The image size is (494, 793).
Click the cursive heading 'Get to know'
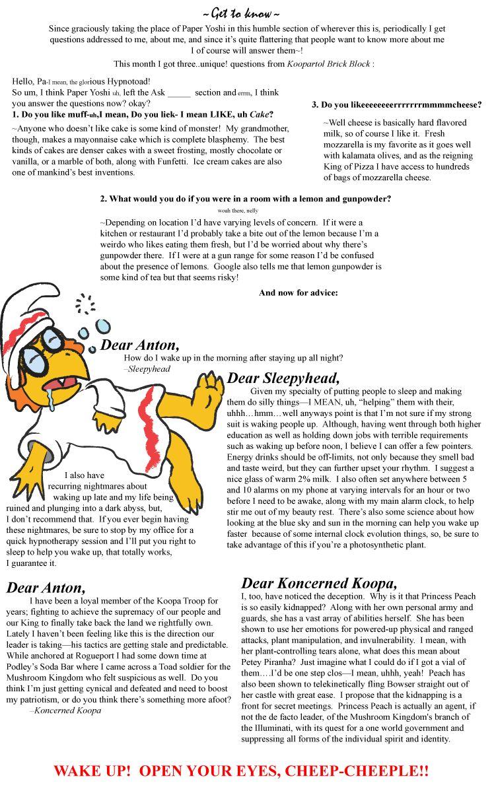click(242, 14)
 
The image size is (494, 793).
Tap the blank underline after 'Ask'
click(179, 93)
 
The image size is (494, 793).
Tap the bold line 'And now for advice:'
click(299, 293)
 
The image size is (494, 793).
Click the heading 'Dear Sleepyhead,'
click(283, 378)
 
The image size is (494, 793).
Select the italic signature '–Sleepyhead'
click(147, 369)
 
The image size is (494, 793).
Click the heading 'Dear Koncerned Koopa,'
click(319, 583)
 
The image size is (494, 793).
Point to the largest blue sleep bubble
click(103, 326)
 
